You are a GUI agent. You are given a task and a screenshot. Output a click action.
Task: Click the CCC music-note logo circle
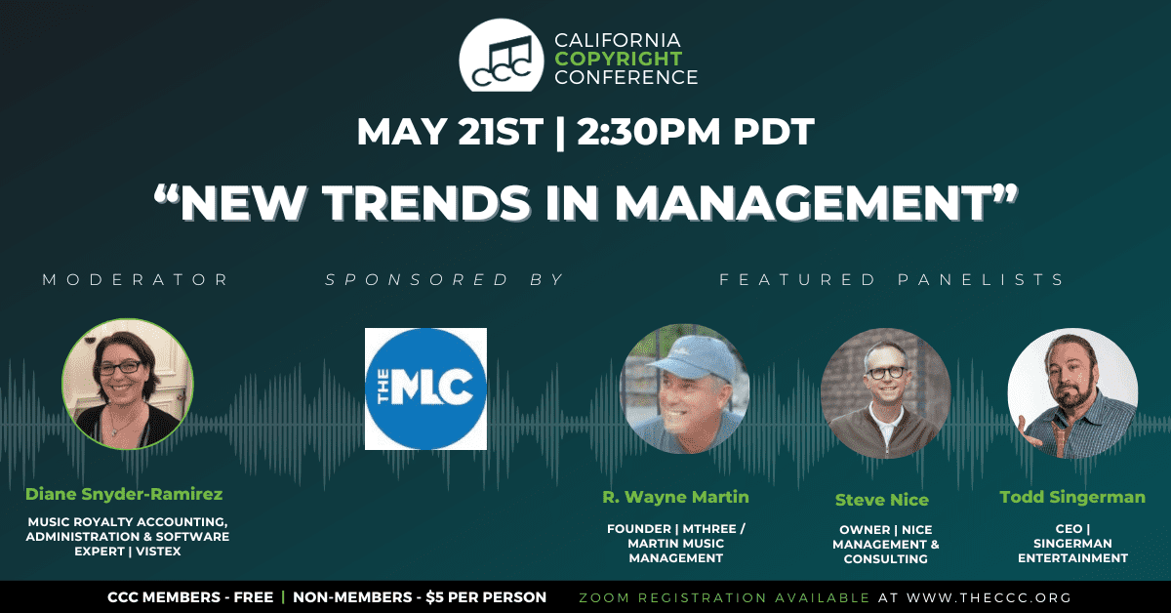tap(502, 56)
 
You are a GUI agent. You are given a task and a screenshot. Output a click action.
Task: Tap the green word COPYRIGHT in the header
tap(619, 59)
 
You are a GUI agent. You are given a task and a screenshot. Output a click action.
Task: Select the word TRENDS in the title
tap(426, 202)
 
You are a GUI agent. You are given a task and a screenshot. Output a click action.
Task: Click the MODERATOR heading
tap(136, 280)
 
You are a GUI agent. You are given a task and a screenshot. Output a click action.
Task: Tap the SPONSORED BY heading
tap(444, 280)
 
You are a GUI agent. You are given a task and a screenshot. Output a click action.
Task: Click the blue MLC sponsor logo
tap(425, 388)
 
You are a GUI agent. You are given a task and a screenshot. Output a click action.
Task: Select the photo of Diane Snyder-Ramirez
tap(128, 384)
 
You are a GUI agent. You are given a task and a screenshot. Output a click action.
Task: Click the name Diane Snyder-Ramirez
tap(124, 494)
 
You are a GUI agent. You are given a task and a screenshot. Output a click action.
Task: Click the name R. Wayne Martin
tap(675, 497)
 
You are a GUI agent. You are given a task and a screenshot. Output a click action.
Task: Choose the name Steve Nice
tap(882, 500)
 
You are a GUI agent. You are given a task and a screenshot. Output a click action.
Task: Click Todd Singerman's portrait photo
tap(1072, 393)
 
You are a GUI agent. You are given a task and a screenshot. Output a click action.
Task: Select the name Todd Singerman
tap(1072, 497)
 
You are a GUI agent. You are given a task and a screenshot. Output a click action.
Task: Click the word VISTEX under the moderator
tap(158, 552)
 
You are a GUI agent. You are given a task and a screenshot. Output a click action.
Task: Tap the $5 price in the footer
tap(435, 597)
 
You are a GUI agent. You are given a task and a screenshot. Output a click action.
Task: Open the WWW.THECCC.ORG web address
tap(989, 597)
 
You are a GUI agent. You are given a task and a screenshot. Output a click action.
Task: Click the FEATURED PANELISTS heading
tap(891, 280)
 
